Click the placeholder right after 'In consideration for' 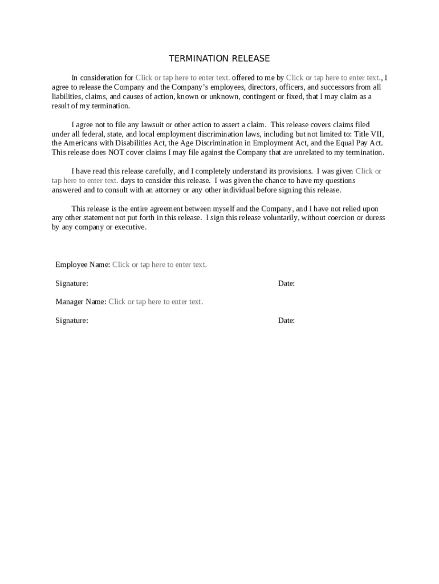pyautogui.click(x=182, y=78)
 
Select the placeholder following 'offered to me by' pyautogui.click(x=334, y=78)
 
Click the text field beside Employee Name pyautogui.click(x=160, y=265)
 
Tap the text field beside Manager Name pyautogui.click(x=156, y=302)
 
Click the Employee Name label pyautogui.click(x=83, y=265)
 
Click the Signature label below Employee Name pyautogui.click(x=72, y=283)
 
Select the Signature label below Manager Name pyautogui.click(x=72, y=321)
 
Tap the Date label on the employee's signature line pyautogui.click(x=286, y=283)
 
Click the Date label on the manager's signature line pyautogui.click(x=286, y=321)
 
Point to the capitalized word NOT pyautogui.click(x=118, y=153)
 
